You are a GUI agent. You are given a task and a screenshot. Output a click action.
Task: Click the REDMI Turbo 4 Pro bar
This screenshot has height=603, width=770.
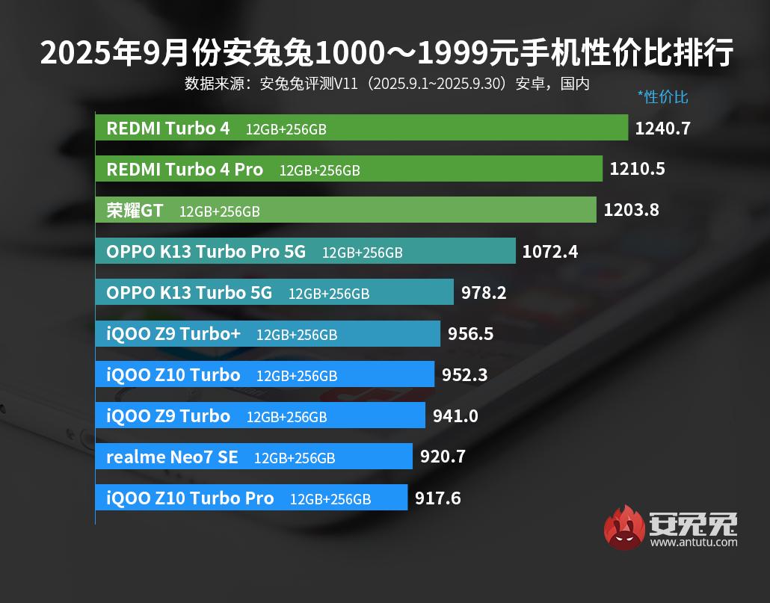(348, 169)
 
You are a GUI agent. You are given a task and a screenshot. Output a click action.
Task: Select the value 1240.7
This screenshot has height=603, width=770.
(662, 128)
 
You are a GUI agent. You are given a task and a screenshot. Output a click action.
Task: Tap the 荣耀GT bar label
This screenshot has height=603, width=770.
(135, 211)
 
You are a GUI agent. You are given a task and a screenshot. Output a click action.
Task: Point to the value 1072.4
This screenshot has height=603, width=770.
(549, 251)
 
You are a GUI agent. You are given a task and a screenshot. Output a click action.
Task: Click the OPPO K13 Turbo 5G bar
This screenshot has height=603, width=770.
(274, 292)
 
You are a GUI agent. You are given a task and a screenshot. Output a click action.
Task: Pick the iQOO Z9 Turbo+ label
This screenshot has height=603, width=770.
(173, 333)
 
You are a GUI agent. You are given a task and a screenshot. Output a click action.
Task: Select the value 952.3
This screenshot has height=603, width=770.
(464, 374)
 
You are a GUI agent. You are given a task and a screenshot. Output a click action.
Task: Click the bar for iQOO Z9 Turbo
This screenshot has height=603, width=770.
(260, 415)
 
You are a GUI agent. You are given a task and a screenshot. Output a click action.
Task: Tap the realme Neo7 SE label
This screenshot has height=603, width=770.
(172, 457)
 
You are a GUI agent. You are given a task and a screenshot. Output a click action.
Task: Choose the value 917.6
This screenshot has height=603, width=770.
(437, 498)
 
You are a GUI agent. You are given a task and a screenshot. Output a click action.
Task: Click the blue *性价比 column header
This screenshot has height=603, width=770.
(662, 96)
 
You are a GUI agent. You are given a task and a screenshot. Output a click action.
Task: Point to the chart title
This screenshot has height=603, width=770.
(386, 53)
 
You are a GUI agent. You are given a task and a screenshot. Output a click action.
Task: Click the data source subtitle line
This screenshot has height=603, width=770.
(386, 83)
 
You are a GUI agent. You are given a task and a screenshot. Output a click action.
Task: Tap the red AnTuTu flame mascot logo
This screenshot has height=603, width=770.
(624, 528)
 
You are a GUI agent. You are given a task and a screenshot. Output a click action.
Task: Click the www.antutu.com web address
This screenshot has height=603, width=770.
(693, 542)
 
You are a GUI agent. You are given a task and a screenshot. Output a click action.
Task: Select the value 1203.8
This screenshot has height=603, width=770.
(631, 210)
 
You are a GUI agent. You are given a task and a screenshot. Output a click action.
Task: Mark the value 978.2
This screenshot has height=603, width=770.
(484, 292)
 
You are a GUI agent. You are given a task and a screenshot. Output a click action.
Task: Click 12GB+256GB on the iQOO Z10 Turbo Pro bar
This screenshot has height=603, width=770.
(330, 499)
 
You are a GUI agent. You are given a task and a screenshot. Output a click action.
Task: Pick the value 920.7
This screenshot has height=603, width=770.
(443, 457)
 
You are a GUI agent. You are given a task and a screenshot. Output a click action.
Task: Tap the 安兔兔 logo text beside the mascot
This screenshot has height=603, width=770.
(693, 523)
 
